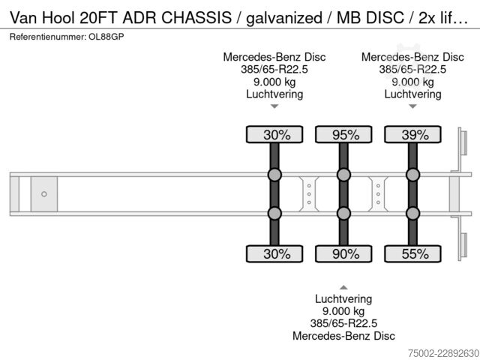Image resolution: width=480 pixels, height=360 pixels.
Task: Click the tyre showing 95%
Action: [343, 134]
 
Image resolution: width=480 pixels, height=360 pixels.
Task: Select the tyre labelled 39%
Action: [412, 134]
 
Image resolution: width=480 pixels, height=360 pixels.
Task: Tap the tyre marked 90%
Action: [343, 253]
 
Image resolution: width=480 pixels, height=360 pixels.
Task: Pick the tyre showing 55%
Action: [412, 253]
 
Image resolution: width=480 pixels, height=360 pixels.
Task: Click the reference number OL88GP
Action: [106, 37]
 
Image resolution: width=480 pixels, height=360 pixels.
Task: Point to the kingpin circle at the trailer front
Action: [44, 194]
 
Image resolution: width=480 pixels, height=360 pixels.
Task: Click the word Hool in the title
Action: [58, 17]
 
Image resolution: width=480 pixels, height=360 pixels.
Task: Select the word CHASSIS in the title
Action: [196, 17]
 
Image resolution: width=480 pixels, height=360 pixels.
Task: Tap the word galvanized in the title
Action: [284, 18]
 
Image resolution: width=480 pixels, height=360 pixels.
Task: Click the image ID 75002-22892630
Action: [443, 353]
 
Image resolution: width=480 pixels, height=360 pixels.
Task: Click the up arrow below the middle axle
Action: [343, 287]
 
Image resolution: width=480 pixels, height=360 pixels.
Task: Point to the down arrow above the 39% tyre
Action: [412, 106]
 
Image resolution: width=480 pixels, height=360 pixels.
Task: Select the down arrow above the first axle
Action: [274, 106]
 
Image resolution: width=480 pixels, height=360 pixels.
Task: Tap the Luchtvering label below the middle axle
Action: [343, 299]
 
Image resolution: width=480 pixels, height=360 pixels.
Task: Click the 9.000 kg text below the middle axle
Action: [343, 311]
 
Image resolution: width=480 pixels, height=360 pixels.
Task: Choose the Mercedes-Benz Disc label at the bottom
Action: [343, 336]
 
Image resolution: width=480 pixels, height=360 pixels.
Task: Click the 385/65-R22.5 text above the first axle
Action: [274, 70]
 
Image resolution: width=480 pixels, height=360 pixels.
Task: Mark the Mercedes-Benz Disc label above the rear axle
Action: [412, 57]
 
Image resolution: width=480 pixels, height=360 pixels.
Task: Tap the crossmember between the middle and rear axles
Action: [378, 194]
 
